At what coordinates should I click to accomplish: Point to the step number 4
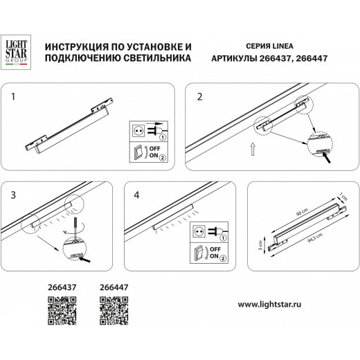(x=137, y=197)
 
